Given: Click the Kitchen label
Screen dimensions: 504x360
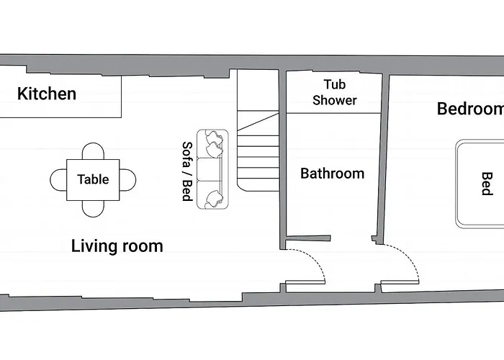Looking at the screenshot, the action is coord(47,94).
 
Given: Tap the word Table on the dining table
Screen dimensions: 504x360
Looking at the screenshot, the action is coord(93,179).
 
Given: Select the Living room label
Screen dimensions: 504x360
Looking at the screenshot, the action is coord(117,246).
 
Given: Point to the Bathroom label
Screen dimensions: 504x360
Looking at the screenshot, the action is coord(333,174).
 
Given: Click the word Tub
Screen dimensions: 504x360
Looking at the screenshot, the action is coord(335,84).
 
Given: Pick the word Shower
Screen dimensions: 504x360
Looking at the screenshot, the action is coord(335,100).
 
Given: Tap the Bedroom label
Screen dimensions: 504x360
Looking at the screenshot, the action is coord(470,109).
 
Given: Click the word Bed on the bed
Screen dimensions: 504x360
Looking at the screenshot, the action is coord(487,184).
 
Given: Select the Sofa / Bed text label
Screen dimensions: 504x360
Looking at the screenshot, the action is coord(187,171).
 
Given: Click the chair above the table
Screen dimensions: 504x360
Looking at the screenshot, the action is coord(93,151).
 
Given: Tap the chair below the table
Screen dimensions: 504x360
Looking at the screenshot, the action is coord(93,209).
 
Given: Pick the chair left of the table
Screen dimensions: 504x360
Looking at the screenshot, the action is coord(58,180).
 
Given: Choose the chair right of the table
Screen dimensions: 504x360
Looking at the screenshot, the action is coord(127,180).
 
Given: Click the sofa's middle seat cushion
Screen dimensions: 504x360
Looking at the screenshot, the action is coord(210,169).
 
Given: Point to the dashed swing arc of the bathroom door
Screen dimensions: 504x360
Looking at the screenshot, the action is coord(315,260).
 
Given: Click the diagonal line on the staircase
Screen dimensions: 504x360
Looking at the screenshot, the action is coord(258,122).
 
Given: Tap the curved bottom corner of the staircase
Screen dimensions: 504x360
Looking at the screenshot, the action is coord(240,188).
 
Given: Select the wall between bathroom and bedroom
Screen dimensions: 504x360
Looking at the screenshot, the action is coord(382,159).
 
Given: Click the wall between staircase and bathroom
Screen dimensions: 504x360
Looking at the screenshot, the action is coord(282,159).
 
